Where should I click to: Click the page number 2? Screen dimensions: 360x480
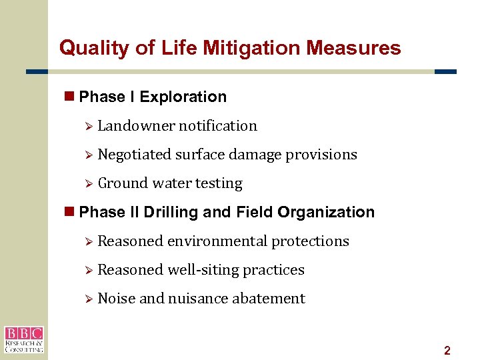click(x=447, y=351)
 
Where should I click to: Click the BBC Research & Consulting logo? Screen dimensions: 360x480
click(x=23, y=339)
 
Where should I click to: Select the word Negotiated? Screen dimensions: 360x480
click(x=134, y=155)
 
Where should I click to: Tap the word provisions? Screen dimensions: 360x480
click(x=321, y=155)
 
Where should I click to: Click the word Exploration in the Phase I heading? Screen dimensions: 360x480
click(x=183, y=97)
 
